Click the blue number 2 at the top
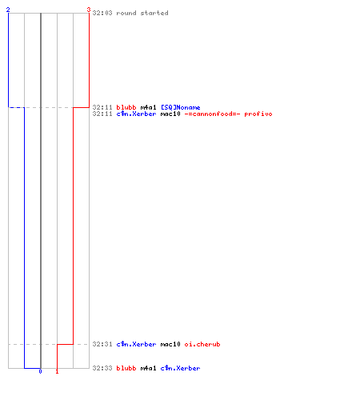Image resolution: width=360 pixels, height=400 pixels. point(8,10)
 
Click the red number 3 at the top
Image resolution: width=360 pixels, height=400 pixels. point(89,10)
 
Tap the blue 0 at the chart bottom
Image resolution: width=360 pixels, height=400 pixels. point(40,371)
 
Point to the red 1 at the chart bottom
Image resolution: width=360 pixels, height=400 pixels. point(57,371)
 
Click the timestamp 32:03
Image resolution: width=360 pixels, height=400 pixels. point(102,13)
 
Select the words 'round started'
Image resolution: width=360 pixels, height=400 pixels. point(142,13)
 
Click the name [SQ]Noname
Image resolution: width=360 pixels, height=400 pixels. point(181,107)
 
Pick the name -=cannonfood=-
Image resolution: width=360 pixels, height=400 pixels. point(212,114)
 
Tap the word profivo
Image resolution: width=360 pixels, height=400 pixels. point(258,114)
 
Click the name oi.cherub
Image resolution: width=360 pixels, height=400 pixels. point(202,344)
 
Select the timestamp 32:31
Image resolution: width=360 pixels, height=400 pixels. point(102,344)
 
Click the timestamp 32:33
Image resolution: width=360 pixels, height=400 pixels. point(102,368)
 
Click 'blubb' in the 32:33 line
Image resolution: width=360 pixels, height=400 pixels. point(126,368)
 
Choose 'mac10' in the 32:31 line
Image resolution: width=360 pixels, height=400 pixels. point(170,344)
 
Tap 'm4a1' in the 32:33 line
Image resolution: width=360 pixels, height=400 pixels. point(149,368)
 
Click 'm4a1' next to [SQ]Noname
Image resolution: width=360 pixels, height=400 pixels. point(149,107)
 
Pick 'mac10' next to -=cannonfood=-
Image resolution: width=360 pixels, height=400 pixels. point(170,114)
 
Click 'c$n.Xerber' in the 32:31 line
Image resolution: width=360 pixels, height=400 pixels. point(136,344)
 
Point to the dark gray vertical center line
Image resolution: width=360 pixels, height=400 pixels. point(41,190)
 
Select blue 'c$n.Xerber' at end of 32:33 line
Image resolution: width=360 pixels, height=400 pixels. point(180,368)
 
